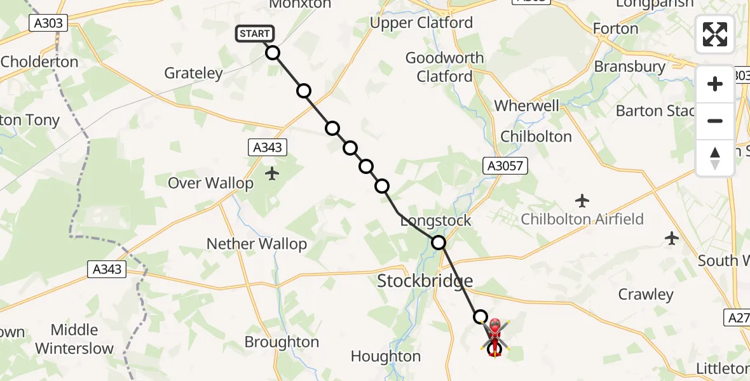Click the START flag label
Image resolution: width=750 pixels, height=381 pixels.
[255, 34]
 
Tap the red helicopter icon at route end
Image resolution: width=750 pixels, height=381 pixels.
[494, 337]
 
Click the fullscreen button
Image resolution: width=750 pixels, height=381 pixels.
[715, 34]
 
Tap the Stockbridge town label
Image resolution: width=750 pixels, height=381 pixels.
[425, 281]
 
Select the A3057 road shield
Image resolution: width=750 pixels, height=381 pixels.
[506, 166]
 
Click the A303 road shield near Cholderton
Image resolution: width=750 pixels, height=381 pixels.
[48, 23]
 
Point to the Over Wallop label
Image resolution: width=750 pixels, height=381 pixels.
[210, 184]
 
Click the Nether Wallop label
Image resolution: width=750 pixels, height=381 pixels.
[257, 244]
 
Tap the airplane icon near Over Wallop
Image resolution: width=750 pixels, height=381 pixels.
[273, 173]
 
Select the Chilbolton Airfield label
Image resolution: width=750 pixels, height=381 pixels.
[582, 220]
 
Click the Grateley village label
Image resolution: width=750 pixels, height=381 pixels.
[194, 73]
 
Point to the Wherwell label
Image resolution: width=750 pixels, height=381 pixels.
[527, 105]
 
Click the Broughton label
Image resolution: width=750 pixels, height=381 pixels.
[282, 342]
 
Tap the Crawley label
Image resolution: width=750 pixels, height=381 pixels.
[646, 295]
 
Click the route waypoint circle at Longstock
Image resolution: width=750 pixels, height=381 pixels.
[439, 242]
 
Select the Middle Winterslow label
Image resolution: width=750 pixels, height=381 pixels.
[74, 339]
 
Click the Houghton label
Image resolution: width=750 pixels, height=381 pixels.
[386, 357]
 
